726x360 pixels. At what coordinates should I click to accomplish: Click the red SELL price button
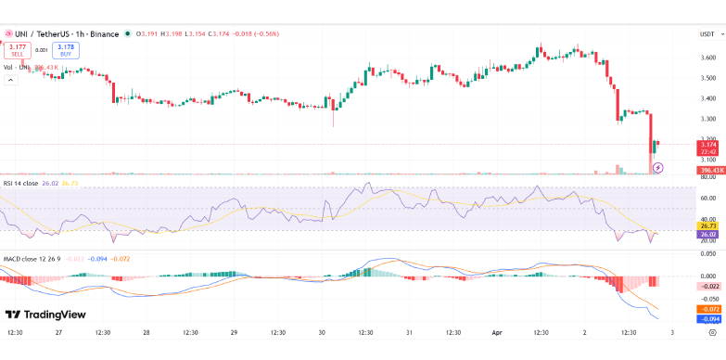17,50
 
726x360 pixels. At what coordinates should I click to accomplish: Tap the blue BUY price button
66,50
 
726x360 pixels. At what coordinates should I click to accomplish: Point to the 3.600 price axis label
707,58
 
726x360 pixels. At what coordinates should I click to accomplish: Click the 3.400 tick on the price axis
707,98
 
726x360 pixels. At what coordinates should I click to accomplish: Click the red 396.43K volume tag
708,170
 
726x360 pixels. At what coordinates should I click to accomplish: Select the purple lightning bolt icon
658,168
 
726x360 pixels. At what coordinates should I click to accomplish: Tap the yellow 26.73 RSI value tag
707,225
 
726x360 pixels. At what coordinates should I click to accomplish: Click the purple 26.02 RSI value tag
707,234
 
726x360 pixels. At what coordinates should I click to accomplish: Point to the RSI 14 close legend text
21,184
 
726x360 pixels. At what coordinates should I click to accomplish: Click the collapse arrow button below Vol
11,80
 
